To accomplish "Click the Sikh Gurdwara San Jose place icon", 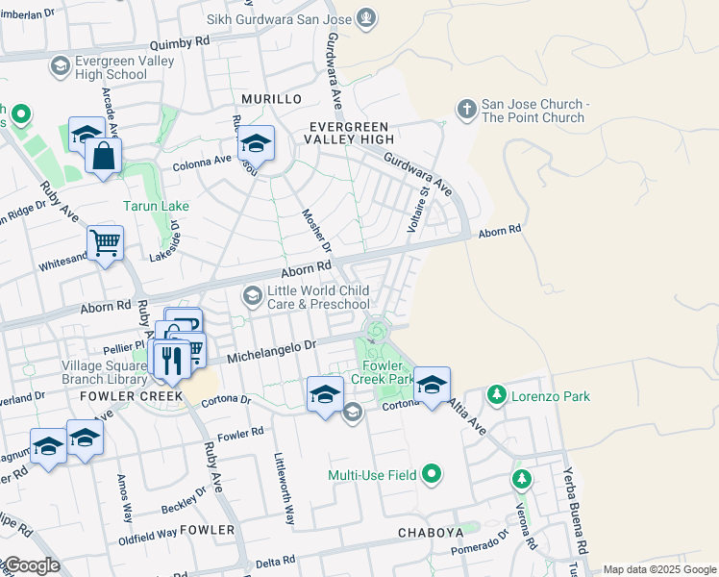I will click(x=365, y=17).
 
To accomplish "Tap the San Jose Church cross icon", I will click(x=467, y=111).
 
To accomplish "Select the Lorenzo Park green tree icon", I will click(x=496, y=395).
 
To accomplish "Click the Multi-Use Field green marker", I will click(x=432, y=473).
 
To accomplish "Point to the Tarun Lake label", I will click(x=156, y=206).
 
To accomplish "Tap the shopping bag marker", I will click(x=103, y=156).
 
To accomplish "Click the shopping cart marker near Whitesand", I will click(x=105, y=242).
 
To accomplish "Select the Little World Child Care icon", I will click(x=253, y=296).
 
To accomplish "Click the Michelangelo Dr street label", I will click(x=271, y=351).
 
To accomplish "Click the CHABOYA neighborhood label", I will click(x=432, y=532).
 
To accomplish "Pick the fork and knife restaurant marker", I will click(x=171, y=361).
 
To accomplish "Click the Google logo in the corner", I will click(x=31, y=566).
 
